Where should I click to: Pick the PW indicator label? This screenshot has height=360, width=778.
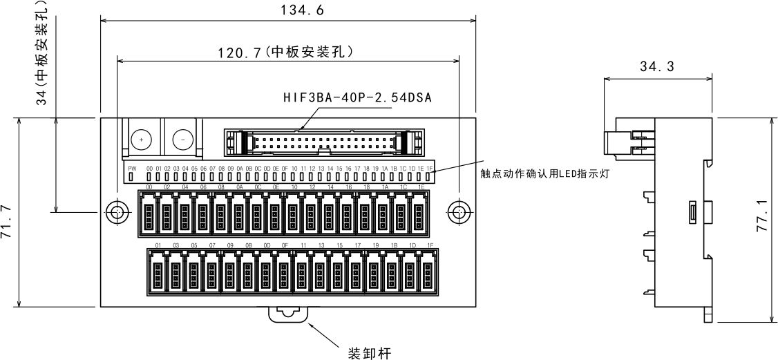click(132, 169)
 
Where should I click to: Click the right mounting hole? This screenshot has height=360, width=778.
click(457, 213)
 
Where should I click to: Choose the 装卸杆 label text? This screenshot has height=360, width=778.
click(369, 354)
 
